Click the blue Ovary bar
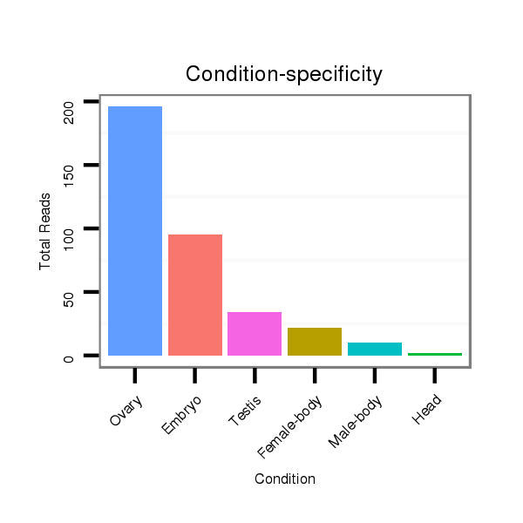click(135, 231)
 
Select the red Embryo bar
click(195, 295)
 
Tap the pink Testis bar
click(255, 333)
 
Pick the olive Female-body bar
click(314, 341)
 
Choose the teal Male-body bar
click(374, 349)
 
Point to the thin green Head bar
click(434, 354)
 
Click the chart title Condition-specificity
click(284, 75)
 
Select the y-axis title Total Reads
click(44, 230)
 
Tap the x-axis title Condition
click(284, 479)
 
